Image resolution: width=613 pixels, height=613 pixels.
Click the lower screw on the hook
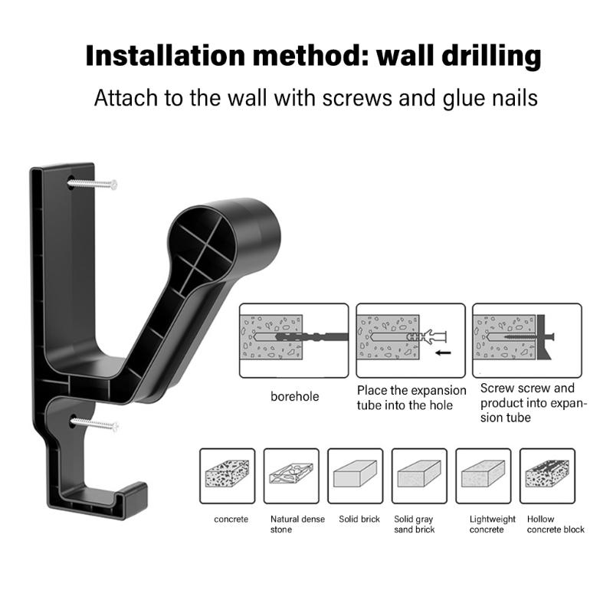pyautogui.click(x=95, y=422)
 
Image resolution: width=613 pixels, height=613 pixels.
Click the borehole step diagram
pyautogui.click(x=293, y=340)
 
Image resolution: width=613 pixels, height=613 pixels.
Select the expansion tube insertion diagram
pyautogui.click(x=411, y=340)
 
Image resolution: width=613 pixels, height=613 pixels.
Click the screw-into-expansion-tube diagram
pyautogui.click(x=526, y=340)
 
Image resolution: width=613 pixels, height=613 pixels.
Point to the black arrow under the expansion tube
pyautogui.click(x=442, y=354)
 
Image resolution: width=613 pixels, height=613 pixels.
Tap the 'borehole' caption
pyautogui.click(x=293, y=397)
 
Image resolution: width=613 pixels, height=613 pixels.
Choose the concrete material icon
pyautogui.click(x=227, y=476)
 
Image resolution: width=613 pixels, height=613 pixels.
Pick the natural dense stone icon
pyautogui.click(x=291, y=476)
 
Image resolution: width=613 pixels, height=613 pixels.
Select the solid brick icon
pyautogui.click(x=355, y=476)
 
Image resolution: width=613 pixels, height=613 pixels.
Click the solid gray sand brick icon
pyautogui.click(x=419, y=476)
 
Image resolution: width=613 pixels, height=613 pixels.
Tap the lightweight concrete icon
pyautogui.click(x=483, y=476)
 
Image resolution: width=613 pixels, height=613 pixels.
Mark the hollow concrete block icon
pyautogui.click(x=547, y=476)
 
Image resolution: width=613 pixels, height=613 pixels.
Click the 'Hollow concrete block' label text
pyautogui.click(x=555, y=524)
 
